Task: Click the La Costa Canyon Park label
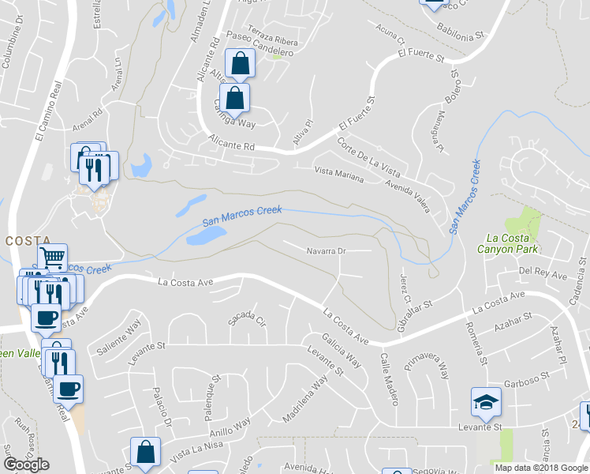513,243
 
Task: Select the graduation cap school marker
486,403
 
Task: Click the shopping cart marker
52,258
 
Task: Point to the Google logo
26,465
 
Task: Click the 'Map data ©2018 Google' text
541,468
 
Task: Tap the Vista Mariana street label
339,175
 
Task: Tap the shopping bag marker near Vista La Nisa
146,453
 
